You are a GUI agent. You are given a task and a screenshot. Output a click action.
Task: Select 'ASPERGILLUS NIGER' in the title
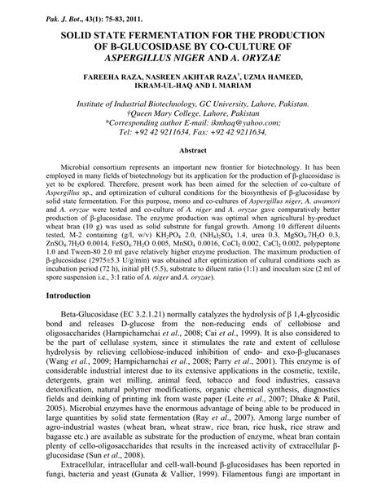pyautogui.click(x=163, y=59)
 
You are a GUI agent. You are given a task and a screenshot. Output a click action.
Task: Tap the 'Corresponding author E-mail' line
pyautogui.click(x=170, y=122)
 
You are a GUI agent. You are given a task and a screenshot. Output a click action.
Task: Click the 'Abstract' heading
pyautogui.click(x=192, y=152)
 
